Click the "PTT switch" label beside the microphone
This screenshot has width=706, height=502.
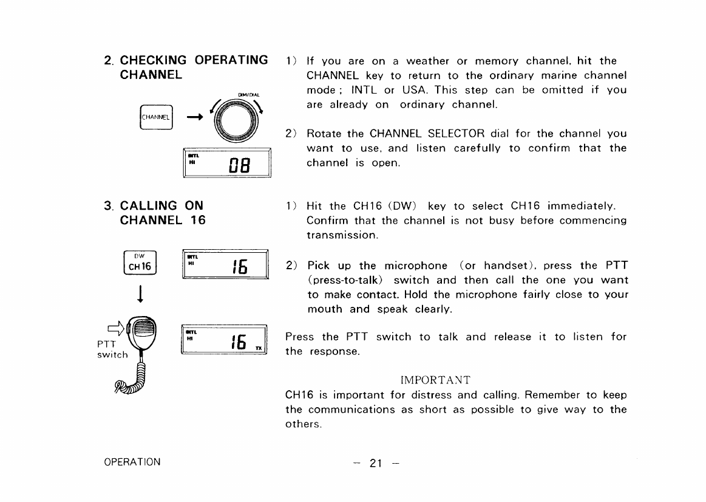[x=112, y=349]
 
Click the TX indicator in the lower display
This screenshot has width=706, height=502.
[x=259, y=348]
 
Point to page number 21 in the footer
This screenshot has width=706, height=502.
[x=375, y=464]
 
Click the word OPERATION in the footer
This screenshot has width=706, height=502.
[x=132, y=462]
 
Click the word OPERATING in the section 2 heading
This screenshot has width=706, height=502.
[x=231, y=60]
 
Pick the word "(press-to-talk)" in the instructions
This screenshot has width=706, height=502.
[x=345, y=280]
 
